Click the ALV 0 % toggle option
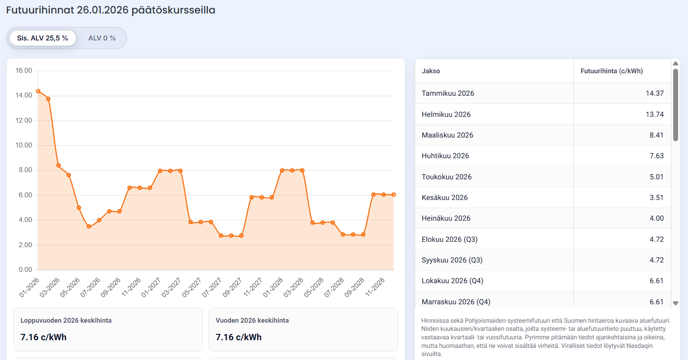[102, 38]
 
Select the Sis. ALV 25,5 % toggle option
[43, 38]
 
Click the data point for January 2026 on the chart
[38, 91]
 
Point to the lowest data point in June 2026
[89, 227]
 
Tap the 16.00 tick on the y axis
[24, 71]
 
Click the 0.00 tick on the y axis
[25, 270]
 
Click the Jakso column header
[431, 71]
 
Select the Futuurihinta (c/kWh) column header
[612, 71]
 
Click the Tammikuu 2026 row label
[448, 93]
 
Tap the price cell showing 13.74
[654, 114]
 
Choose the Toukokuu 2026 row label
[446, 177]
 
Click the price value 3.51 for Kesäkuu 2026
[656, 197]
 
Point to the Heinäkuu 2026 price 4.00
[656, 218]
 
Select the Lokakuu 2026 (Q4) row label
[452, 281]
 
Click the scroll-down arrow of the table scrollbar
[675, 303]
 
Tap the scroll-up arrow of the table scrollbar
[675, 63]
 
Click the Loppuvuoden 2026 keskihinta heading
[66, 320]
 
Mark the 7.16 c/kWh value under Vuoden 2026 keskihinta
[239, 337]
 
